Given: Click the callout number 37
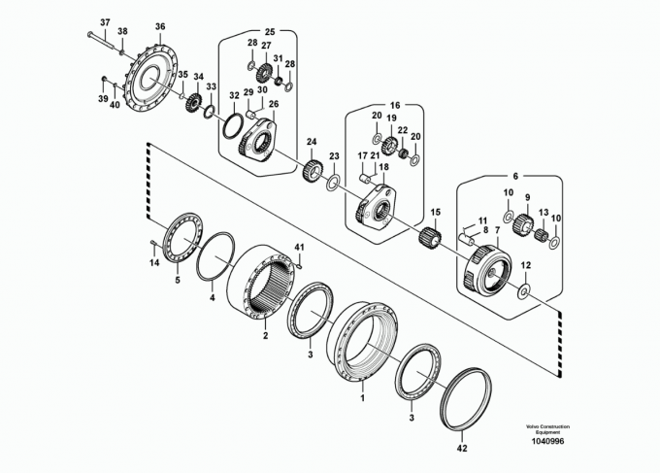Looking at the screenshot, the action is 105,22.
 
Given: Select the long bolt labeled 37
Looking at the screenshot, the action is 102,39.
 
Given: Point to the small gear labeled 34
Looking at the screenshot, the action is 193,103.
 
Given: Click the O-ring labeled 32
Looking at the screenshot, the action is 232,125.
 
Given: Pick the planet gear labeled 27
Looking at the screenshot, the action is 264,74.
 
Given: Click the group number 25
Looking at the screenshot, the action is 270,32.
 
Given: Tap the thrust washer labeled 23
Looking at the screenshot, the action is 333,182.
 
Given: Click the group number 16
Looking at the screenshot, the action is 395,105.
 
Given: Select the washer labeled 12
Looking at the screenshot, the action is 524,290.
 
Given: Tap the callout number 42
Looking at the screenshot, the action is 462,449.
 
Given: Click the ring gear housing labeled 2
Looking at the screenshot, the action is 261,284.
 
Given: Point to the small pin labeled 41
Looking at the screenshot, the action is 299,265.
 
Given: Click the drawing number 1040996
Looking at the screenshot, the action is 547,441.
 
